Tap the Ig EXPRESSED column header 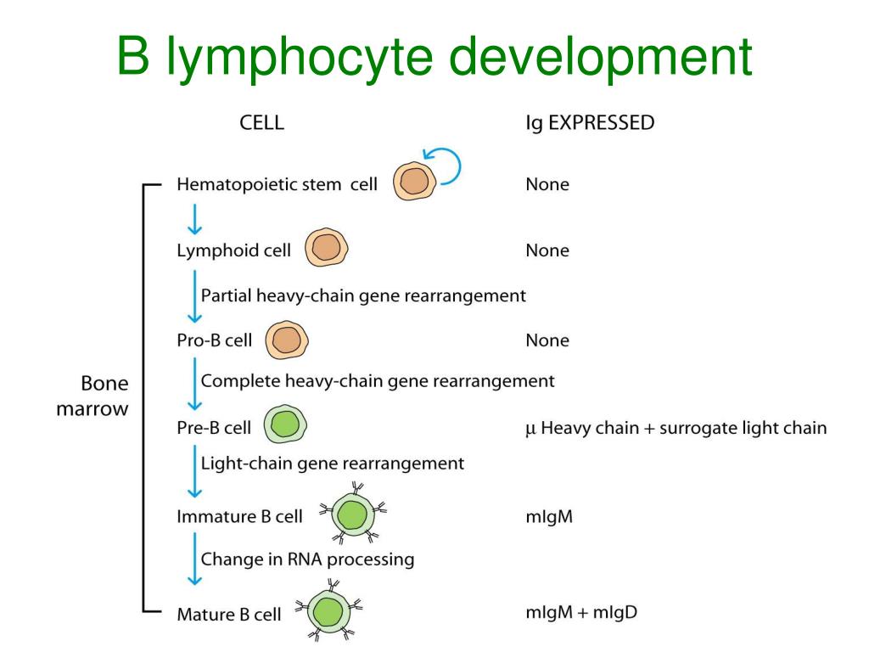click(x=590, y=123)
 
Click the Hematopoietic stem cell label click(x=277, y=184)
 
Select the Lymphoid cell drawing click(x=326, y=250)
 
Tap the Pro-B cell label click(x=214, y=340)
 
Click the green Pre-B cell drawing click(x=285, y=424)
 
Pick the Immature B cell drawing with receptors click(x=351, y=516)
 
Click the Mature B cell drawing click(x=328, y=611)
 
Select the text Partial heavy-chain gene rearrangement click(x=363, y=295)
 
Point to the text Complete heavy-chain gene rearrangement click(x=378, y=381)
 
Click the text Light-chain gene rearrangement click(x=332, y=464)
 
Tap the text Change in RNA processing click(x=307, y=559)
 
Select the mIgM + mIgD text click(x=576, y=611)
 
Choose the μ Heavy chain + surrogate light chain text click(x=676, y=428)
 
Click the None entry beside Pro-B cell click(x=547, y=340)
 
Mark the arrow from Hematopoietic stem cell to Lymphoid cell click(x=195, y=218)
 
